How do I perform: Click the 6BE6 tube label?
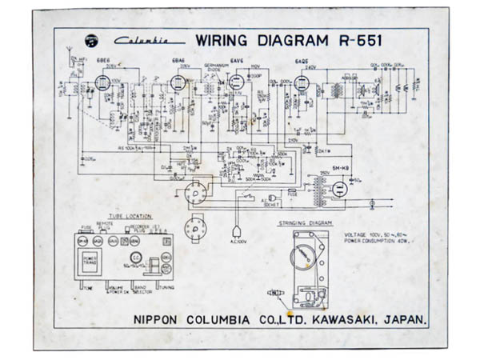click(x=103, y=61)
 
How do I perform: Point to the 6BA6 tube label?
click(x=178, y=61)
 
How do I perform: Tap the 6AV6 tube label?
click(x=236, y=61)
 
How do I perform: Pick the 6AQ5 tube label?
click(x=302, y=61)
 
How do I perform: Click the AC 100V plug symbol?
click(x=238, y=234)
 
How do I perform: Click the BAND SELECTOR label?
click(x=144, y=286)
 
